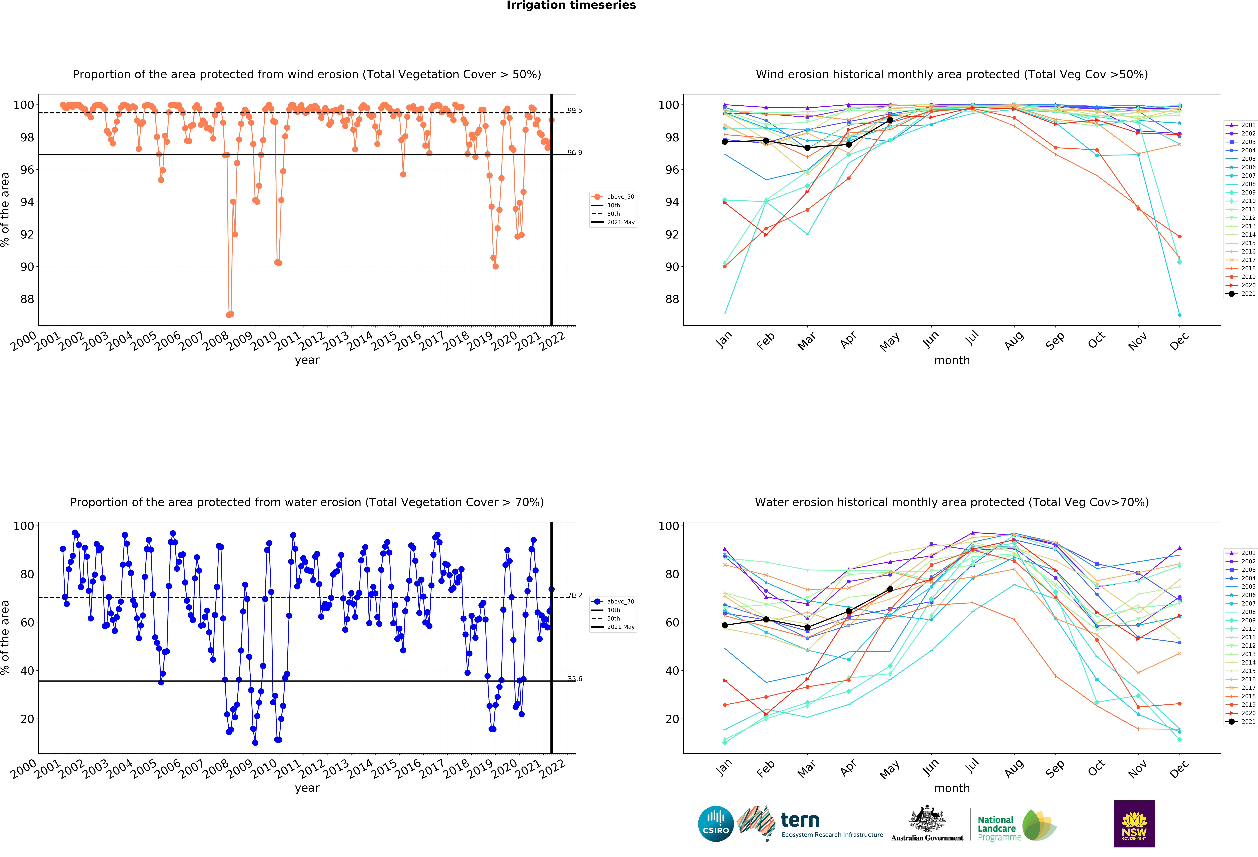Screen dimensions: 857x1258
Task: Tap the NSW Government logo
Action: point(1134,823)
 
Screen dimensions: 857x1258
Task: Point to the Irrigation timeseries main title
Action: point(571,5)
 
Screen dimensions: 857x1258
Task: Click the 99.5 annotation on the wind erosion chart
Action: point(574,110)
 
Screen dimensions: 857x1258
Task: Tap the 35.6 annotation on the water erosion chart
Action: point(574,678)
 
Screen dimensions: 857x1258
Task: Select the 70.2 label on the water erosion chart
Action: point(574,595)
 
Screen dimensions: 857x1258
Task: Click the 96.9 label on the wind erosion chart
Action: point(574,153)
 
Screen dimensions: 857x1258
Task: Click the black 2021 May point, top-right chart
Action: point(890,120)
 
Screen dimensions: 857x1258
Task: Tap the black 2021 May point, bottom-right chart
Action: point(890,589)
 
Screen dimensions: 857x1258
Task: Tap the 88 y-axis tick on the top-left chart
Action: point(27,299)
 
